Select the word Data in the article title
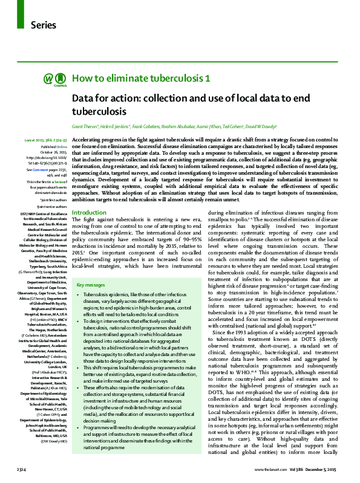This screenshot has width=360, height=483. coord(82,98)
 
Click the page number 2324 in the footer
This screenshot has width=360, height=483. coord(21,469)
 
